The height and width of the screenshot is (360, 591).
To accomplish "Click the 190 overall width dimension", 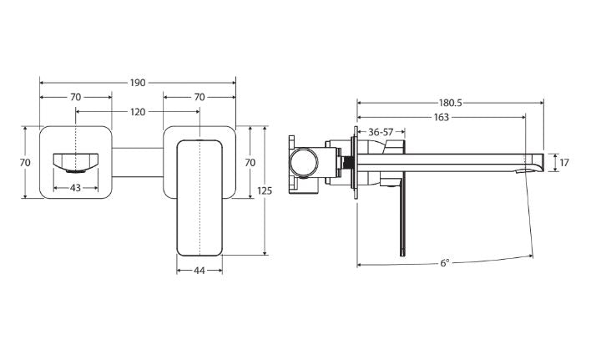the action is [138, 83].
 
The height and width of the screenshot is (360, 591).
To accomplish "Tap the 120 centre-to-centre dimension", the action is [138, 112].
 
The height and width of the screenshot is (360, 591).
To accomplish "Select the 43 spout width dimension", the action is [76, 187].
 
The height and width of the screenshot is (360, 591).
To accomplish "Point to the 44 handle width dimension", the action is [200, 271].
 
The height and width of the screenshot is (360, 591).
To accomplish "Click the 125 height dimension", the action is [265, 190].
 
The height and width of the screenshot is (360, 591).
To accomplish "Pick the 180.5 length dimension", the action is [450, 103].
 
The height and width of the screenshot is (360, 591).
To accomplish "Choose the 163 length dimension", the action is [441, 117].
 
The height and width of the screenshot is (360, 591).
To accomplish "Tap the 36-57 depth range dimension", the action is [381, 132].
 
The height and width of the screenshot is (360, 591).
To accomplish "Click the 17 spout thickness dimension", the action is [564, 163].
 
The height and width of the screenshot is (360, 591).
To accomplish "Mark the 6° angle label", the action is [445, 263].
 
